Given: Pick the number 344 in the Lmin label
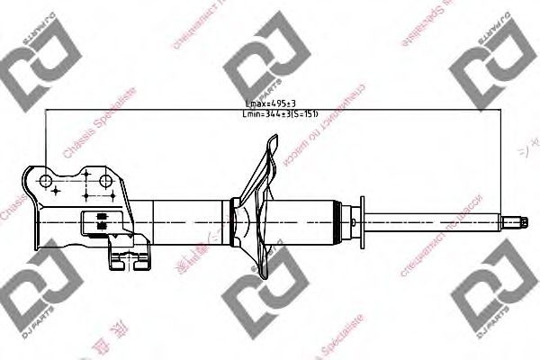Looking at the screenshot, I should tap(276, 115).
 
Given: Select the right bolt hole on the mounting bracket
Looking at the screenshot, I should tap(105, 183).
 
